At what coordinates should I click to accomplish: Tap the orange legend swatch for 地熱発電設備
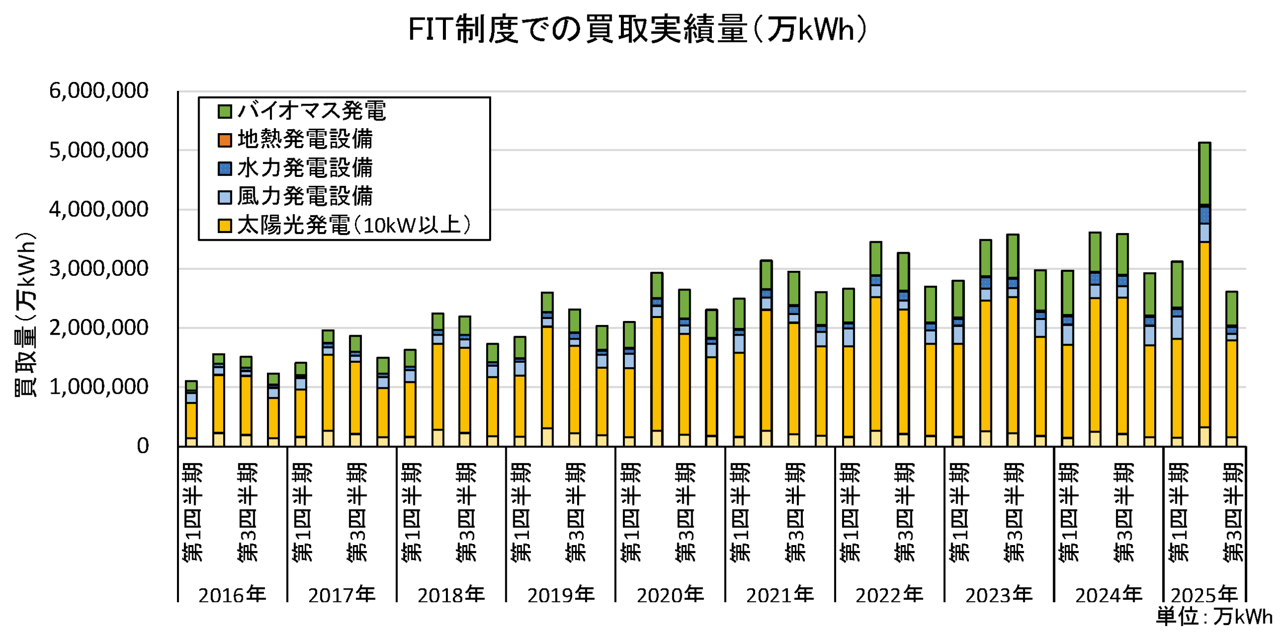point(224,140)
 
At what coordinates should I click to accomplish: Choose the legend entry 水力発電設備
point(305,168)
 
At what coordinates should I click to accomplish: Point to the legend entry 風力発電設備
point(305,196)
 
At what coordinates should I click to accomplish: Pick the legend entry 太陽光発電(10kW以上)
point(353,225)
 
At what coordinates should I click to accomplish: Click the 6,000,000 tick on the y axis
point(99,91)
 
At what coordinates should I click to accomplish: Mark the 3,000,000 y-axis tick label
point(99,269)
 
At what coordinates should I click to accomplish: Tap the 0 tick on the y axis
point(143,446)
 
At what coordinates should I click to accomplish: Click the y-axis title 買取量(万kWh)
point(25,314)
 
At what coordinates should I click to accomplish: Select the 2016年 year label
point(232,595)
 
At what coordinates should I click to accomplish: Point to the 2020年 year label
point(670,595)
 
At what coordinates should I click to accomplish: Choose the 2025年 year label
point(1204,595)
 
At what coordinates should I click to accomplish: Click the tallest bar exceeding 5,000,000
point(1205,301)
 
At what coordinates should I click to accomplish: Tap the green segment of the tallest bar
point(1205,173)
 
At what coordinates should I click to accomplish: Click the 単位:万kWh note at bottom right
point(1214,617)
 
